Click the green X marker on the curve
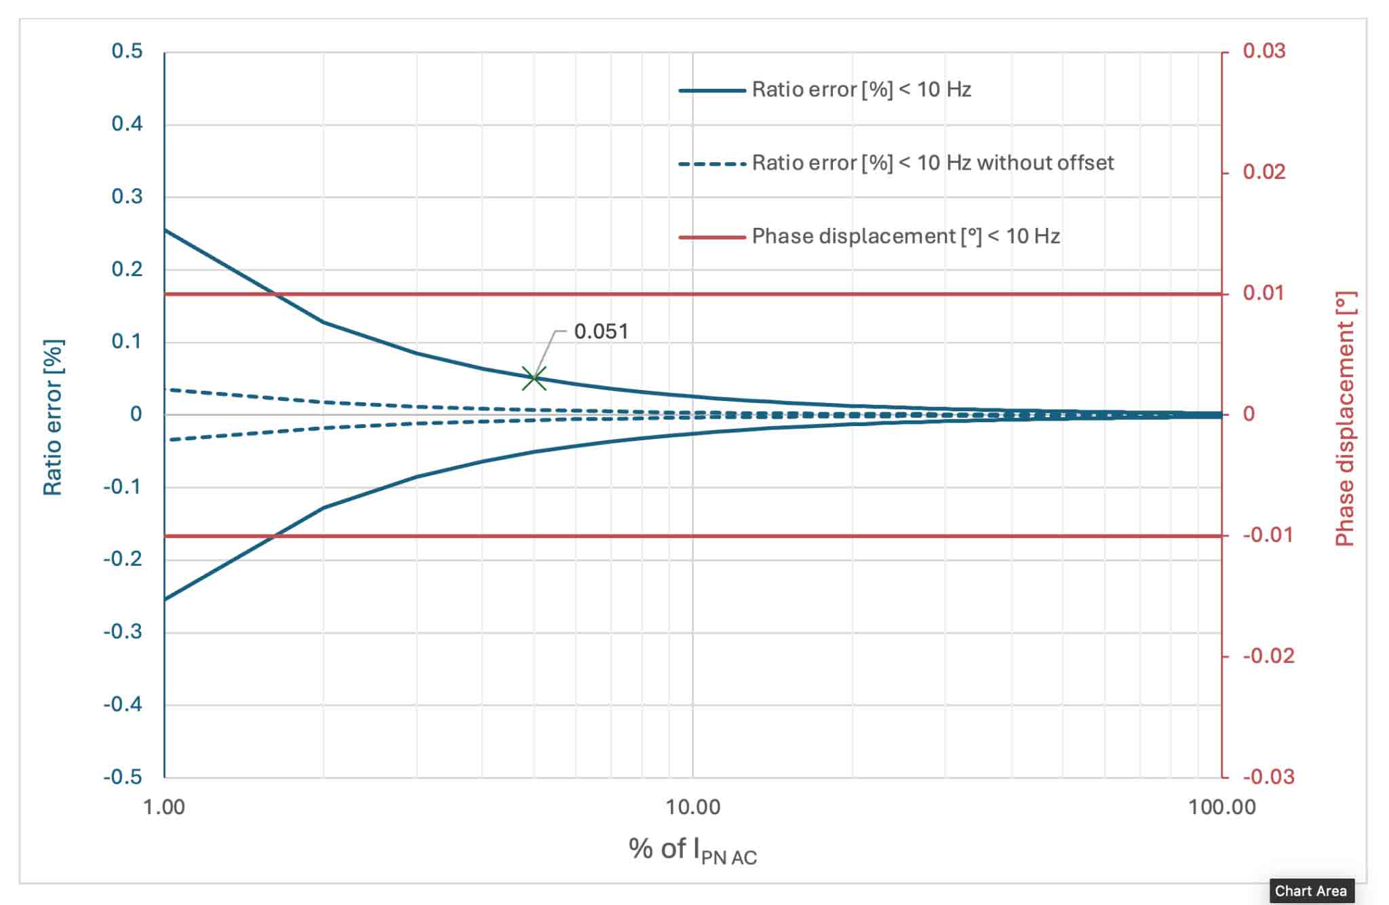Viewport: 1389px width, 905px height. (x=534, y=379)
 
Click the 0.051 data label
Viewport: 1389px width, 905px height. (x=601, y=332)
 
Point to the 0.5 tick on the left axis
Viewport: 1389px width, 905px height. (x=128, y=52)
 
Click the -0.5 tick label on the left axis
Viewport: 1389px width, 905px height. (x=123, y=777)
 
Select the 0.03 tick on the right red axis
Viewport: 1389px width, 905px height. (x=1264, y=51)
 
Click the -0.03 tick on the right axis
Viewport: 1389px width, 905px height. (x=1268, y=777)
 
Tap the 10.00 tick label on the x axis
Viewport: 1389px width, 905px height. (x=692, y=807)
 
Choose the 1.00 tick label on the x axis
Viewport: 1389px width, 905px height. (x=164, y=807)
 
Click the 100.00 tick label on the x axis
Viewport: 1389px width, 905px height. (x=1221, y=807)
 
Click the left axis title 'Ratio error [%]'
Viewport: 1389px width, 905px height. (x=53, y=417)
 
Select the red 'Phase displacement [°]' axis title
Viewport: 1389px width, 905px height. (x=1344, y=419)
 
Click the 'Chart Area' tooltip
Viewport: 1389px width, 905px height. (x=1310, y=891)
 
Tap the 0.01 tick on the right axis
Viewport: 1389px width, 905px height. (x=1264, y=293)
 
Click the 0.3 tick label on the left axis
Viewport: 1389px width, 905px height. (x=128, y=197)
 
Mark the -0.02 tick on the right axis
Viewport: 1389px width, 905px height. (x=1268, y=656)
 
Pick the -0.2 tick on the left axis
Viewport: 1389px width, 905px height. (x=123, y=559)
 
